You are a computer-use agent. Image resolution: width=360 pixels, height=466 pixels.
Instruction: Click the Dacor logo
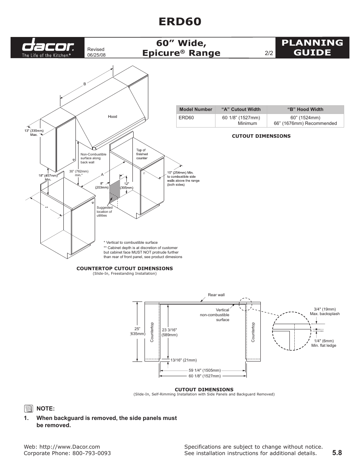(48, 48)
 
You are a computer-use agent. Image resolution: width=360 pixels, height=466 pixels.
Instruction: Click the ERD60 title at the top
(180, 22)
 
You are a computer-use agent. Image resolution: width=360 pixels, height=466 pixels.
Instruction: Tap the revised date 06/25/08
(96, 55)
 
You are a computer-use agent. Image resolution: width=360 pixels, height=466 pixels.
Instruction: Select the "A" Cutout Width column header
(241, 109)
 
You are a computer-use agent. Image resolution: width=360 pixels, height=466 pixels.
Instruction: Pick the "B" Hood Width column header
(305, 109)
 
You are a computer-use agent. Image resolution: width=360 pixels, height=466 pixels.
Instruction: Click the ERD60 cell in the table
(186, 118)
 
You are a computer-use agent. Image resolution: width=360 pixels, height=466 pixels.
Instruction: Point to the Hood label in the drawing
(112, 117)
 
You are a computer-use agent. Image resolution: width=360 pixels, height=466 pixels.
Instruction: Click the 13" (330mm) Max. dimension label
(34, 132)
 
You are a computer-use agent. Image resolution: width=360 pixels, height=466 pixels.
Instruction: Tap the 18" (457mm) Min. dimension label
(48, 177)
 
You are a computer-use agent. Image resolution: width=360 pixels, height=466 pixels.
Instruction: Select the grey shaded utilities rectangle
(115, 190)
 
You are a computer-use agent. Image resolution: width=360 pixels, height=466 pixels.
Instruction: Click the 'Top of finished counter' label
(142, 154)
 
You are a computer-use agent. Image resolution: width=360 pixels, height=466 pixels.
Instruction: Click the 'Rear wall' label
(216, 295)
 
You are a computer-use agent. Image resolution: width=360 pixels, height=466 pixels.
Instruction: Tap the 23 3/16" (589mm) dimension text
(169, 332)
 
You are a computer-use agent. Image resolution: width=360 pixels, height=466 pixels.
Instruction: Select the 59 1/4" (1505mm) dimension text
(205, 371)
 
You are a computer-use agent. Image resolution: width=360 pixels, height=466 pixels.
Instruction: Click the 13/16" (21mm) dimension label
(183, 360)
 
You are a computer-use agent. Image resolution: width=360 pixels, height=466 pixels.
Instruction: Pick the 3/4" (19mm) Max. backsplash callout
(325, 311)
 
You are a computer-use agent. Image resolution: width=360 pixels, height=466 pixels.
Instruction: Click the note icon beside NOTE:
(29, 409)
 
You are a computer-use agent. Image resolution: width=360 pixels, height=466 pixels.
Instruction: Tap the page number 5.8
(337, 453)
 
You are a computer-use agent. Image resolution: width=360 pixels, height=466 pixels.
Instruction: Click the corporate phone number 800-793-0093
(92, 453)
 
